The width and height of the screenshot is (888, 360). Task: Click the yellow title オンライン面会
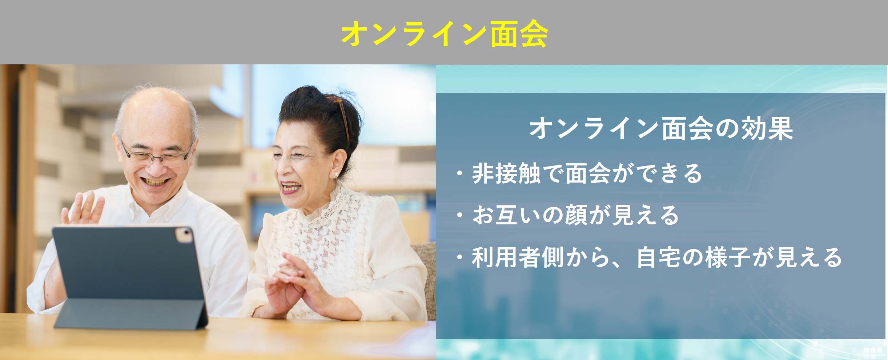[444, 33]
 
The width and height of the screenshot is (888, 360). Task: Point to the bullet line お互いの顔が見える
[575, 215]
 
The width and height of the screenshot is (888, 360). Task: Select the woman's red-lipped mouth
[291, 188]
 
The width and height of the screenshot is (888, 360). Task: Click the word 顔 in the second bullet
[575, 215]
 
